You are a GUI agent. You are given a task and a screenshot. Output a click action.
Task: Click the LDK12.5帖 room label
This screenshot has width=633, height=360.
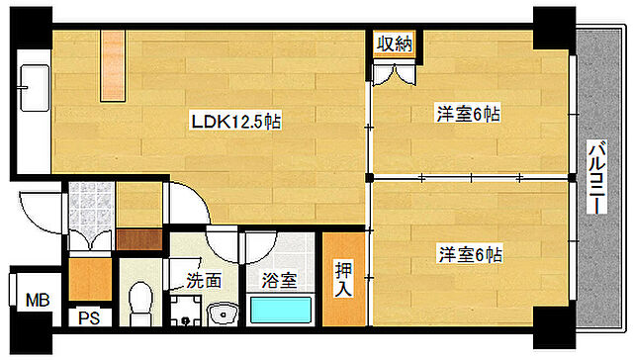coord(237,123)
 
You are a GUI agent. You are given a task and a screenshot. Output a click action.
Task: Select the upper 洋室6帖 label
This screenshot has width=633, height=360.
coord(468,115)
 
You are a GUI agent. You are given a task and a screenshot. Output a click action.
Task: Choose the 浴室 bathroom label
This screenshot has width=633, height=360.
coord(279,280)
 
